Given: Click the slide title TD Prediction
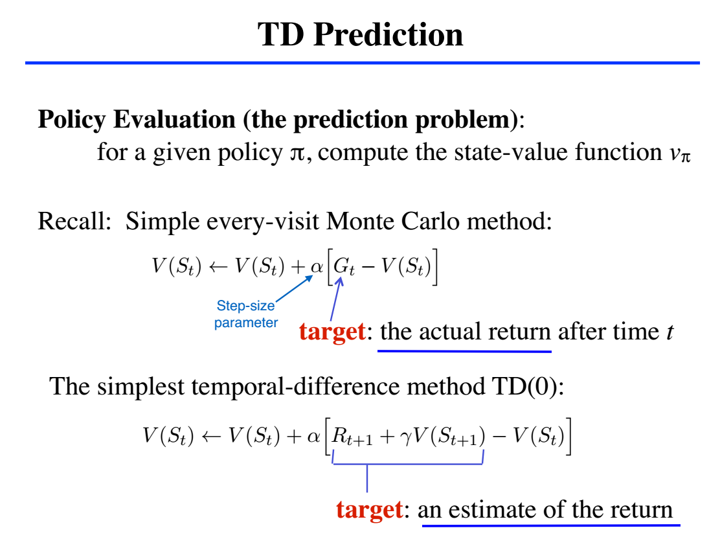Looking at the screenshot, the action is click(361, 34).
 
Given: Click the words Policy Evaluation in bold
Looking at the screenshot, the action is click(137, 119).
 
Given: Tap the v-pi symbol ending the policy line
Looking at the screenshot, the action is click(680, 153).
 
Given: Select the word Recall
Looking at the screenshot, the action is click(74, 221).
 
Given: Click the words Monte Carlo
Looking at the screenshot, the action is click(392, 221).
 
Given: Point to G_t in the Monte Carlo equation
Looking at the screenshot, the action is click(344, 267).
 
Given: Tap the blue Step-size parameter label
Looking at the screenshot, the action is click(246, 314).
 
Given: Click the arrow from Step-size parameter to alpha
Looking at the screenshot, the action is click(294, 288).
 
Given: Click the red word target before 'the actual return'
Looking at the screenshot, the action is click(332, 332).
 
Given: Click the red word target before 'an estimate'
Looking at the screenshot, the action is click(370, 510).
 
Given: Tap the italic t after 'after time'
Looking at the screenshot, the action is click(670, 332).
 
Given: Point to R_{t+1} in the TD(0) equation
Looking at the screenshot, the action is click(352, 436).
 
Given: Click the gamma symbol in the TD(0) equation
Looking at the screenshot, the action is click(405, 438).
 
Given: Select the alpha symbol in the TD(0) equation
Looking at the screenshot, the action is click(313, 436).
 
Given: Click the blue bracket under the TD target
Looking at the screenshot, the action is click(408, 464).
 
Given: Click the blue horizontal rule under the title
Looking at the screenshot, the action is click(362, 63).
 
